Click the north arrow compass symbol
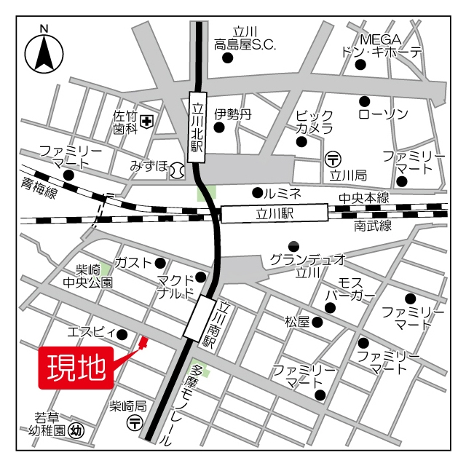tap(44, 52)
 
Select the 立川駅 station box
tap(275, 214)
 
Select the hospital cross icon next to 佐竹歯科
tap(148, 122)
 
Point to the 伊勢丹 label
tap(232, 114)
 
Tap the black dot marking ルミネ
tap(256, 193)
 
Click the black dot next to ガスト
tap(160, 263)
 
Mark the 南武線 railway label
tap(373, 226)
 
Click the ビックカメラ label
tap(315, 122)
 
